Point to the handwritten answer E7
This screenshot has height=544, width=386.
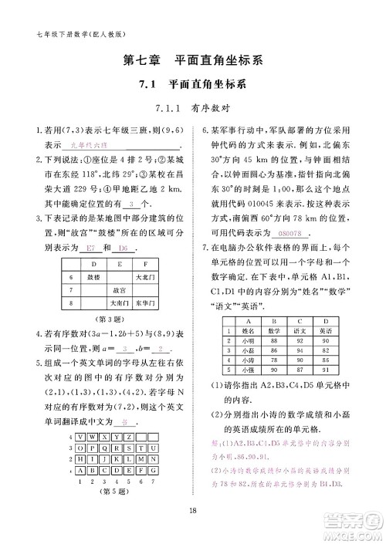(90, 248)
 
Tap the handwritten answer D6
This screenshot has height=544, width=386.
(123, 248)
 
